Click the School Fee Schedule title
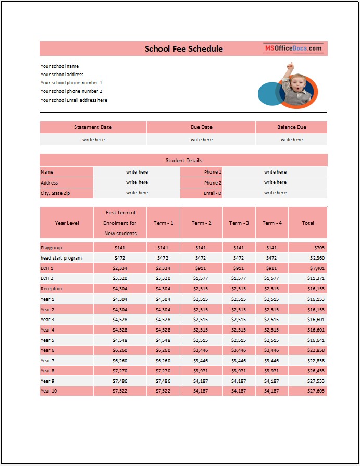(183, 48)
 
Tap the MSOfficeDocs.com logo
(293, 48)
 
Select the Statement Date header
(93, 127)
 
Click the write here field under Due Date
(201, 140)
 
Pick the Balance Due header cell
(291, 127)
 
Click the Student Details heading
(183, 160)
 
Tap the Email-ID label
(213, 193)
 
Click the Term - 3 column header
(239, 223)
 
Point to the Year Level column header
(67, 223)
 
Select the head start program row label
(61, 257)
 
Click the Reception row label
(51, 289)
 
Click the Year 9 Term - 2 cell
(201, 381)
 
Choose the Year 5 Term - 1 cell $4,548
(163, 340)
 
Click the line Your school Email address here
(74, 100)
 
